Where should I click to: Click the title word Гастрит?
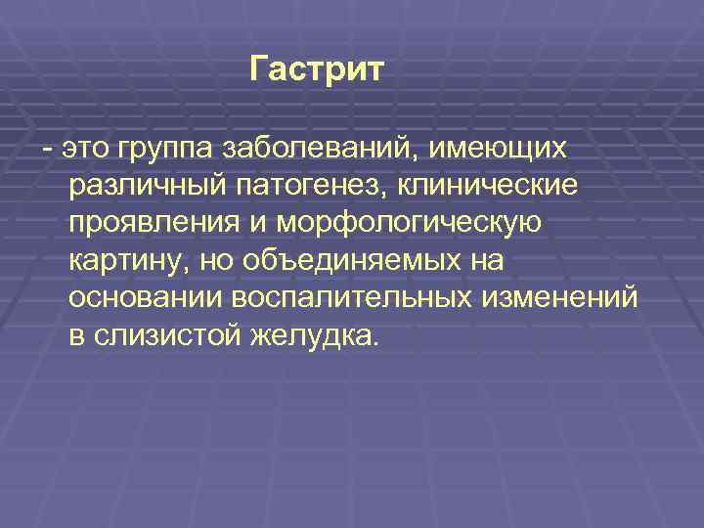click(318, 69)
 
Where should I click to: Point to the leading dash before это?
click(47, 149)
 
